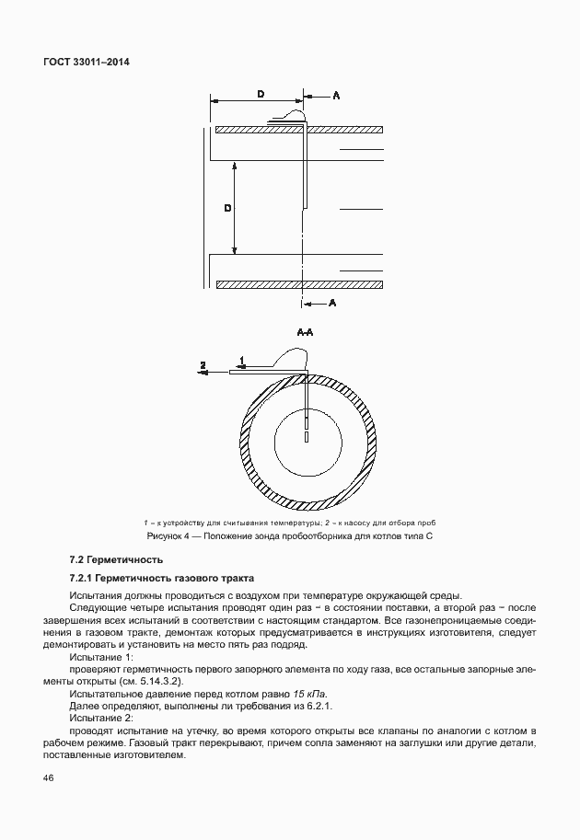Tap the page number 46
(x=49, y=778)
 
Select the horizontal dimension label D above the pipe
(x=261, y=95)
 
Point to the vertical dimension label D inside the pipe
(x=227, y=209)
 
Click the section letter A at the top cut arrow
(x=335, y=95)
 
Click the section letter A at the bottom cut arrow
(x=332, y=302)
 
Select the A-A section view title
(x=306, y=332)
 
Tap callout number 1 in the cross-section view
(x=242, y=359)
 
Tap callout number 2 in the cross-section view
(x=203, y=365)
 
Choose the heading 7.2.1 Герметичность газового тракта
(x=162, y=578)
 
